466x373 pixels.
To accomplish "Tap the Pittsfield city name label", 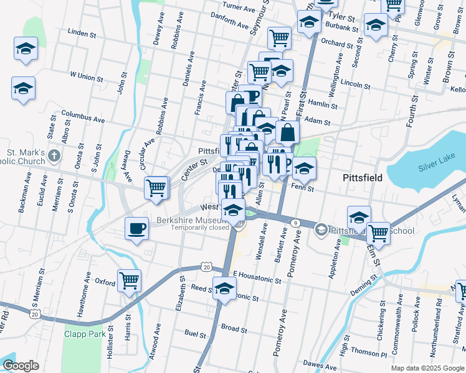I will [363, 178].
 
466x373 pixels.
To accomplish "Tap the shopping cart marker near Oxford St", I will [129, 281].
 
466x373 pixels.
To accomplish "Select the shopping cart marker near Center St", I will [156, 188].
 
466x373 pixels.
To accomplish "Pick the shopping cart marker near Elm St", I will [378, 234].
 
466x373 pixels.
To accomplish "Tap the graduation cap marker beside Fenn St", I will [304, 168].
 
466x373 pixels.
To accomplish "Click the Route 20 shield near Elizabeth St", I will [207, 267].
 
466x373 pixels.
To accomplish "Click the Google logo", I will [21, 366].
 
